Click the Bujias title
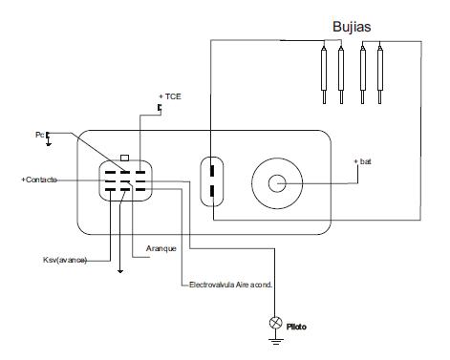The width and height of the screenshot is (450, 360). pos(352,27)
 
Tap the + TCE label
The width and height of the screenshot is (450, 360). pos(170,96)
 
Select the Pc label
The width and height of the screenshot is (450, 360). pos(39,135)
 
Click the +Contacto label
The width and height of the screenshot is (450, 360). pos(39,180)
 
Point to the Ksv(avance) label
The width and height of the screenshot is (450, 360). pos(65,260)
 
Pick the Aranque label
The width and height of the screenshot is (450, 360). pos(161,248)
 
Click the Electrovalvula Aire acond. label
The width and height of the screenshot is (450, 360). pos(231,285)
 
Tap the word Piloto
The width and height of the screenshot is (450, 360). pos(296,327)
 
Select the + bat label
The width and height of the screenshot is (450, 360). pos(362,161)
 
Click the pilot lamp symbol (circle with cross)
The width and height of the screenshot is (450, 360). pos(275,323)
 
